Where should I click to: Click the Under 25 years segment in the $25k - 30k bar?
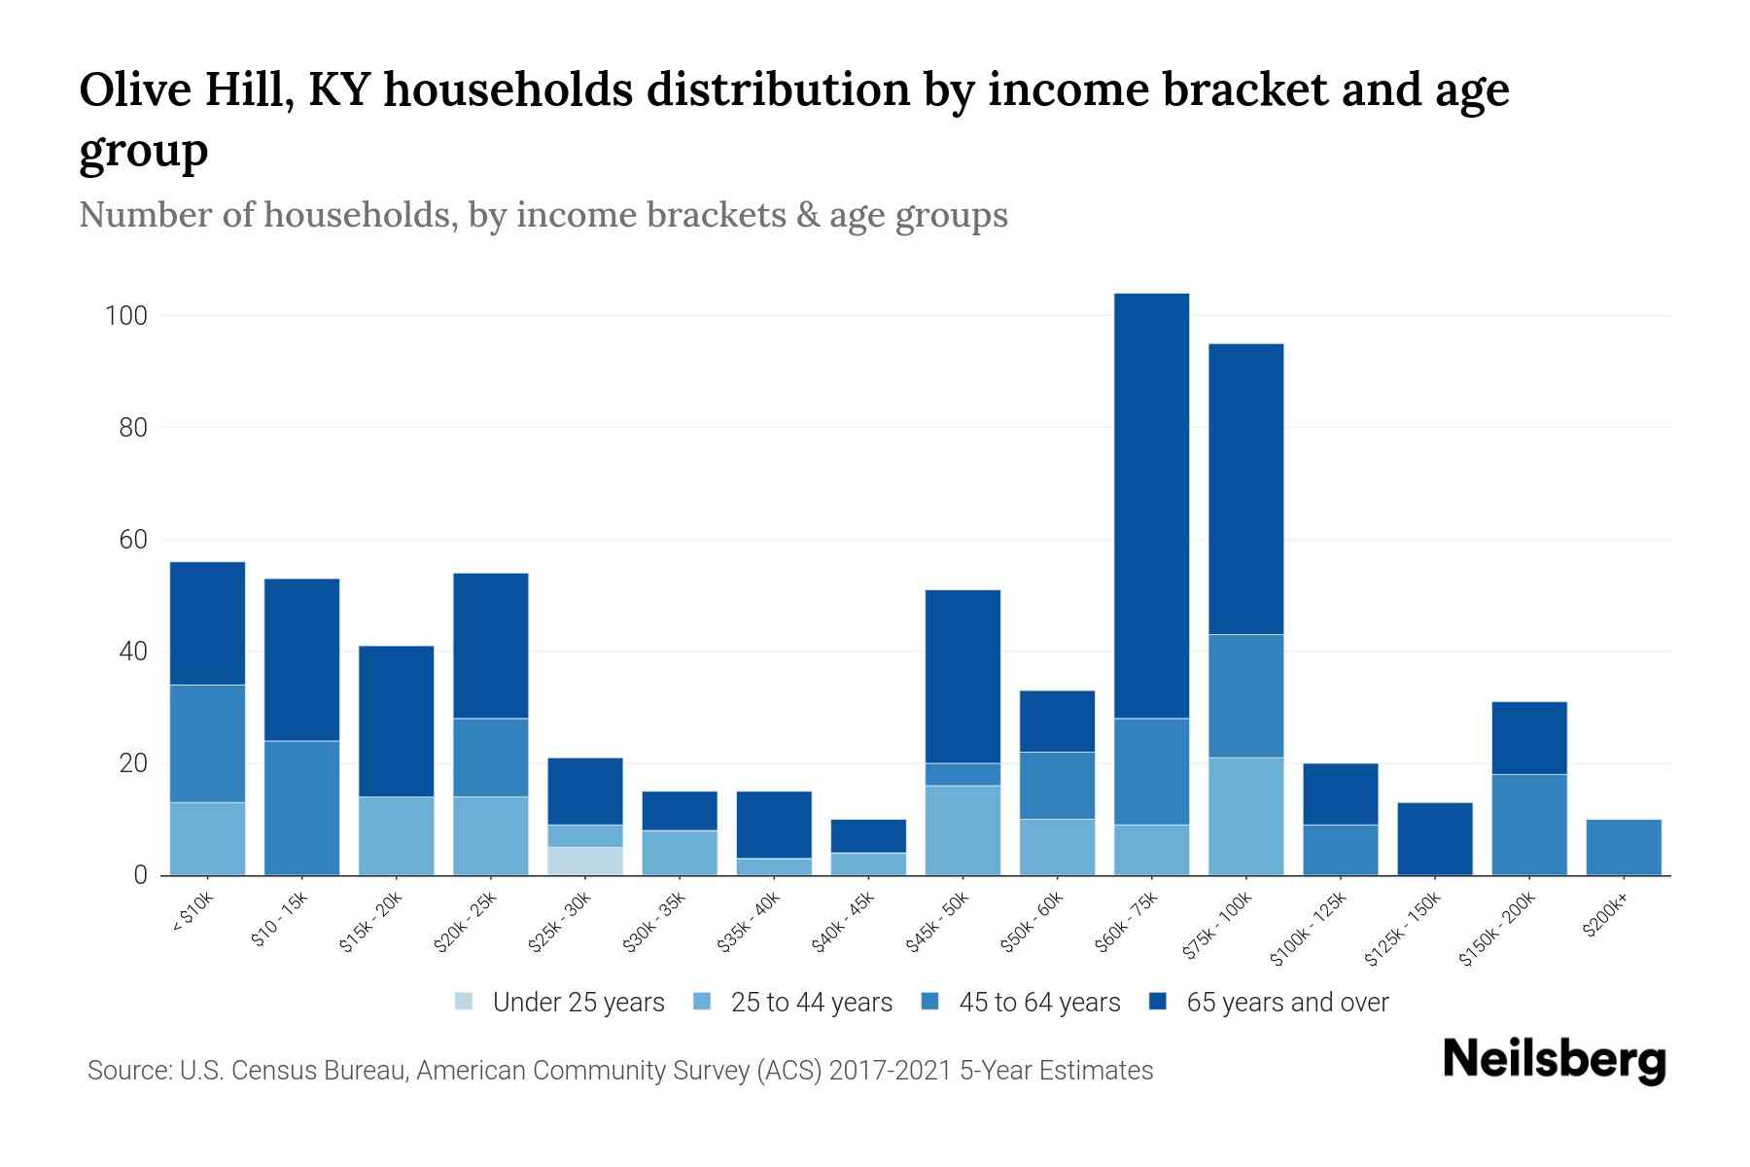(x=585, y=861)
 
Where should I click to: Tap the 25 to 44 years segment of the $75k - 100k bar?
(x=1246, y=817)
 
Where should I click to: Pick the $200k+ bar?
(x=1624, y=847)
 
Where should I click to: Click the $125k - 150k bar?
(x=1435, y=838)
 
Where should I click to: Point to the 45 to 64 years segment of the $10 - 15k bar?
(x=302, y=808)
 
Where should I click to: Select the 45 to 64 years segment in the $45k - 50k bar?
(x=962, y=774)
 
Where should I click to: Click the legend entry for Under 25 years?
(x=560, y=1003)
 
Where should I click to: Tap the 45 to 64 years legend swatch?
(x=930, y=1002)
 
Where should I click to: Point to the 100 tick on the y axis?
(x=126, y=316)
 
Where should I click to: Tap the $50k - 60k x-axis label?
(x=1032, y=923)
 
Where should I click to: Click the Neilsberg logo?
(x=1554, y=1060)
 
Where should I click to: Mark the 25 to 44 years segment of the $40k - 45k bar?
(x=868, y=864)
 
